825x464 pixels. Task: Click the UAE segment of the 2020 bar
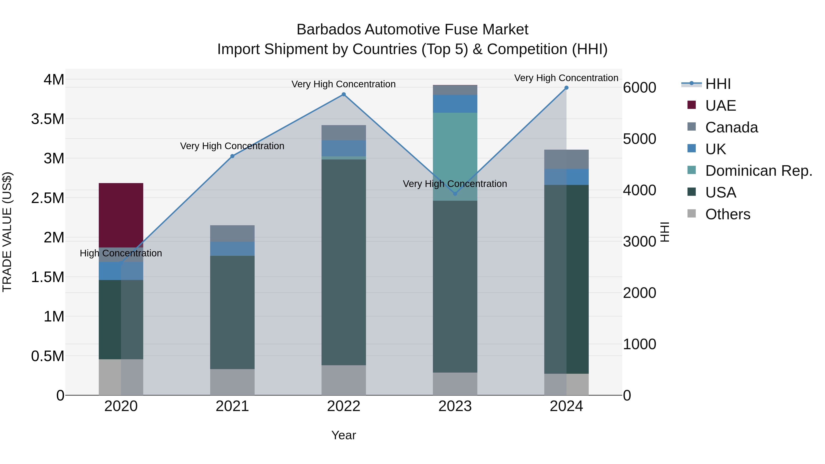click(x=121, y=215)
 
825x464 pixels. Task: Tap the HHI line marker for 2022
click(x=344, y=94)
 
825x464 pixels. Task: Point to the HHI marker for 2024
click(x=566, y=88)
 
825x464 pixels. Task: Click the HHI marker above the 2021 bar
click(x=232, y=156)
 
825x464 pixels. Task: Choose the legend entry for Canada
click(x=731, y=127)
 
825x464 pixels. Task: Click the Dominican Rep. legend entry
click(x=758, y=171)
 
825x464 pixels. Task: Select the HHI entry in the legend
click(x=718, y=84)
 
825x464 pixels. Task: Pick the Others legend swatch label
click(x=727, y=214)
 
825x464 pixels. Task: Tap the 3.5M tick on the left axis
click(x=48, y=119)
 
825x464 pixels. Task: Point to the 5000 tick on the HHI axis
click(x=639, y=139)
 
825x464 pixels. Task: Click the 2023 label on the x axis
click(x=455, y=406)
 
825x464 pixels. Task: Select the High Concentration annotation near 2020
click(x=121, y=253)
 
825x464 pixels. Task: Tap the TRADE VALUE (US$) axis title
click(x=7, y=232)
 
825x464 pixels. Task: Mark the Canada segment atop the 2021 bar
click(x=232, y=233)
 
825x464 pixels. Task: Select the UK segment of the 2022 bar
click(x=344, y=148)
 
